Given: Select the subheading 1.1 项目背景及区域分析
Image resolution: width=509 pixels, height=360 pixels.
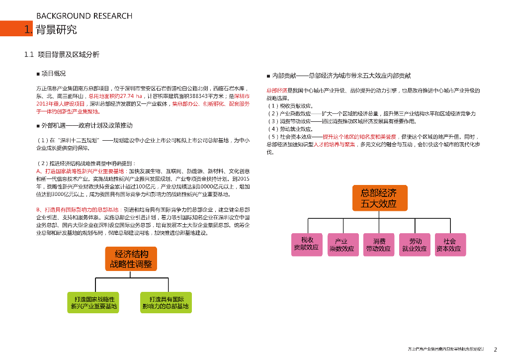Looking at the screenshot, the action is [62, 54].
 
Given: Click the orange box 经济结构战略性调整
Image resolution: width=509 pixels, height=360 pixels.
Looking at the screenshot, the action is [131, 259].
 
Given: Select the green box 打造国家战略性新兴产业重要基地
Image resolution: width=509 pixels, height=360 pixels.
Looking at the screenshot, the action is [93, 302].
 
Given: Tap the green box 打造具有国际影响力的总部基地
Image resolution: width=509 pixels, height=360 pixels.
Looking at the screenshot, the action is [166, 302].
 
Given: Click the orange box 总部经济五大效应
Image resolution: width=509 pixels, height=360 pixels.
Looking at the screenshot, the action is [379, 197].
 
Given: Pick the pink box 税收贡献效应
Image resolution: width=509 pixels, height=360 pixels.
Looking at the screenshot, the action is [306, 244].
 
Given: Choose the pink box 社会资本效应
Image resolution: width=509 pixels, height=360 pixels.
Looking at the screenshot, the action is [450, 244].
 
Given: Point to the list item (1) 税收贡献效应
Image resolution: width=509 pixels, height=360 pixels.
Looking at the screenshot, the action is [290, 106].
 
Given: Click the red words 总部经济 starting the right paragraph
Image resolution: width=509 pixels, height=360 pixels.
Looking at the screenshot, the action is [277, 90].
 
